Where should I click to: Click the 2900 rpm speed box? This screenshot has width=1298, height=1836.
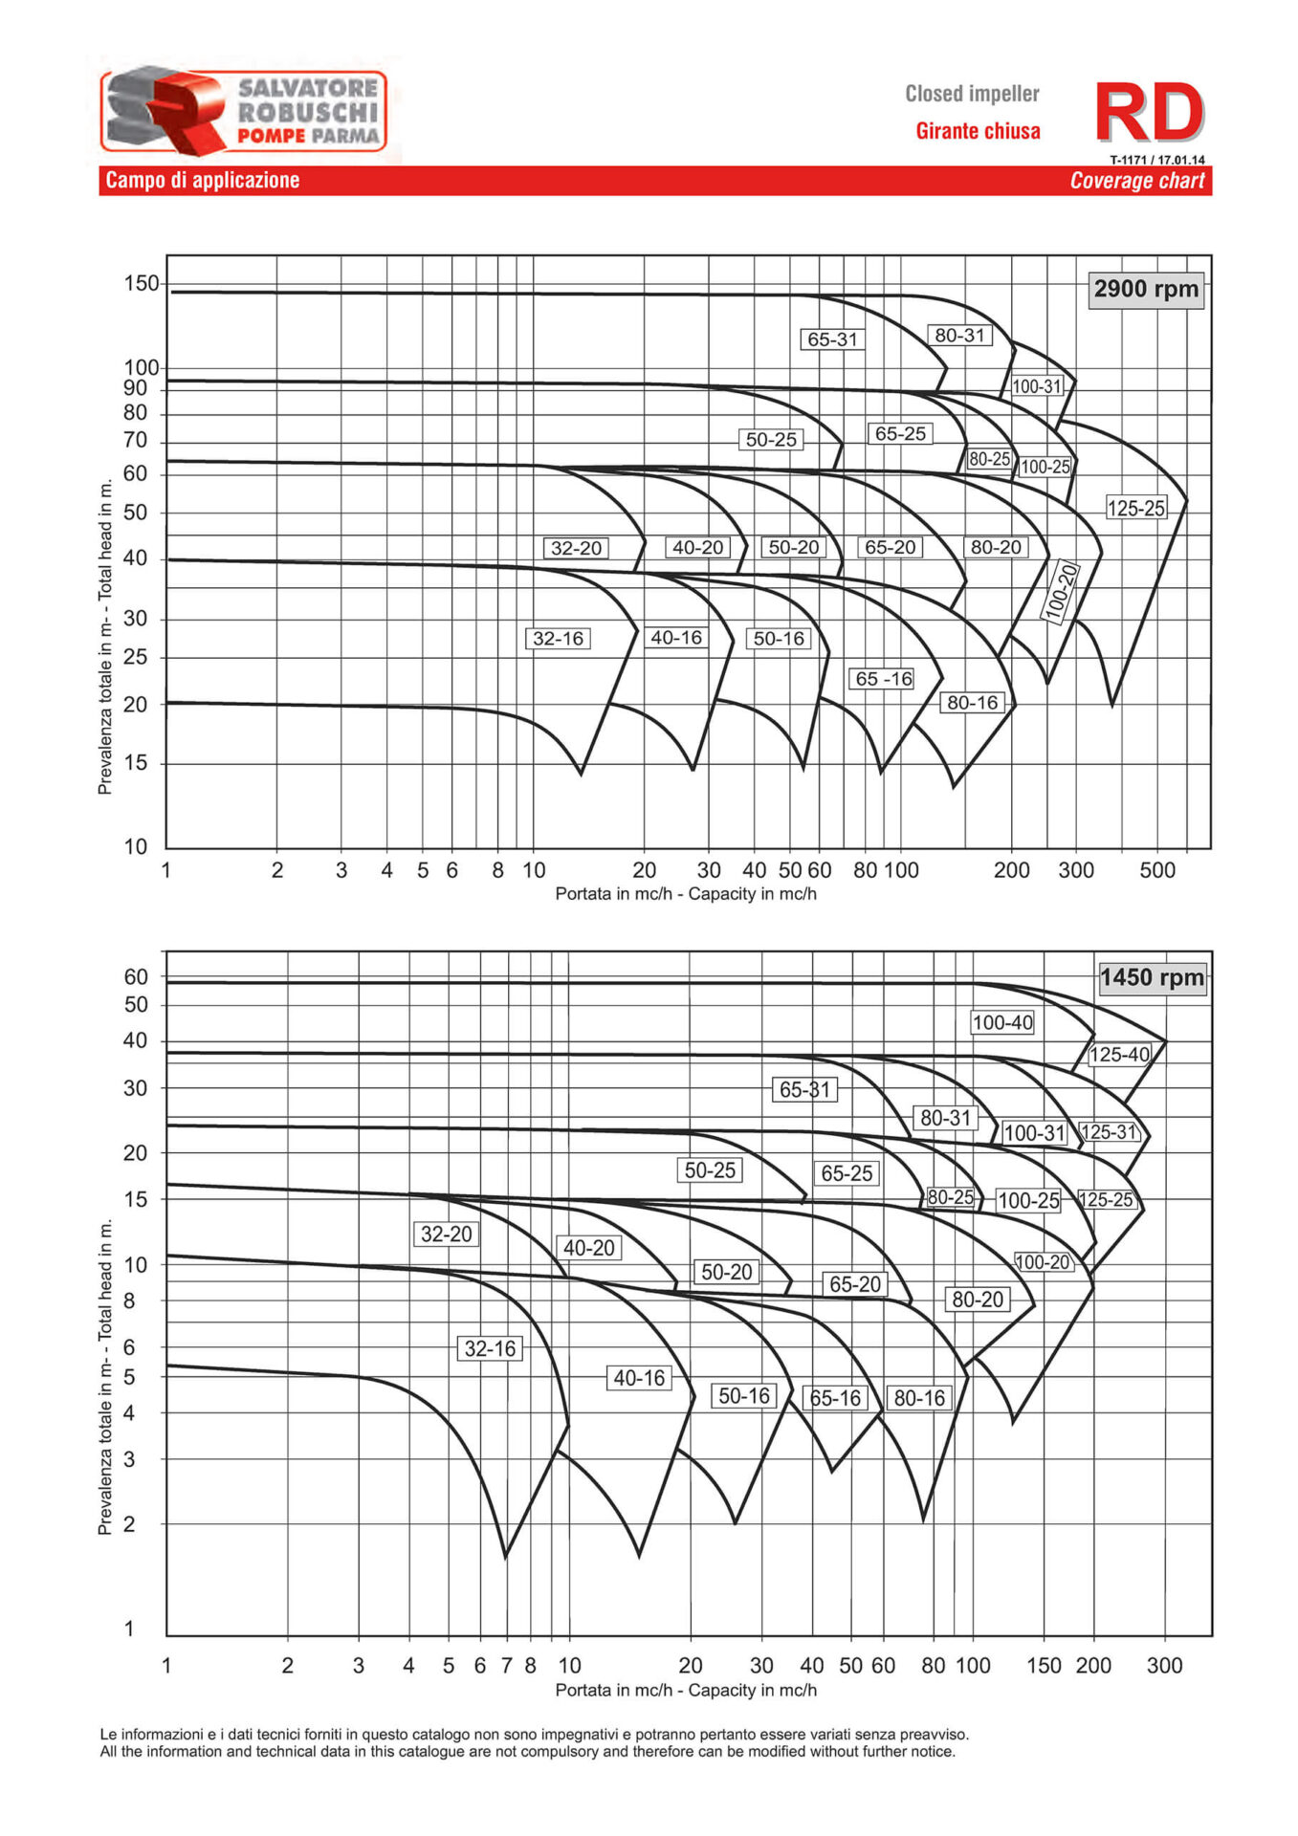coord(1145,289)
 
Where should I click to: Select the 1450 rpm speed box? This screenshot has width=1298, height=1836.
coord(1152,977)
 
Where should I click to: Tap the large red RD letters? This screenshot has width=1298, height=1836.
coord(1148,113)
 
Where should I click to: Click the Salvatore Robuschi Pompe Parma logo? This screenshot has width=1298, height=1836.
coord(244,110)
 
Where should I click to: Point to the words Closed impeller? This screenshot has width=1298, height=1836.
coord(972,94)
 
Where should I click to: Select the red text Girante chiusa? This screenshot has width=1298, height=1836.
coord(978,131)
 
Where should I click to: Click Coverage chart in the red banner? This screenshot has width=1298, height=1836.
coord(1136,181)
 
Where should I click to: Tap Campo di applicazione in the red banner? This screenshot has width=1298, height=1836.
coord(203,181)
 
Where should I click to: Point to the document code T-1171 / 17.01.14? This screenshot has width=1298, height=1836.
coord(1156,160)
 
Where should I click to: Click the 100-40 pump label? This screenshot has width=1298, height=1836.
coord(1002,1022)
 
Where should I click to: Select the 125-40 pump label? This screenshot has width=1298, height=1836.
coord(1119,1055)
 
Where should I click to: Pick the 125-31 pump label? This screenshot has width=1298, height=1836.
coord(1110,1132)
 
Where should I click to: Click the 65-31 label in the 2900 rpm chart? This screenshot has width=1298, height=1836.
coord(832,339)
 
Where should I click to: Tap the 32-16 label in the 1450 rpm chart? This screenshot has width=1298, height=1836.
coord(490,1348)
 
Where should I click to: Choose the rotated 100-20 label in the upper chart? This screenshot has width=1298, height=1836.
coord(1060,593)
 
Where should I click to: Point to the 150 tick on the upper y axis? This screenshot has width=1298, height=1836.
coord(141,284)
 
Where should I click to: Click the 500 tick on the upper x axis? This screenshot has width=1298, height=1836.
coord(1156,870)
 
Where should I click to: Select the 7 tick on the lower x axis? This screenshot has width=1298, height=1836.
coord(506,1665)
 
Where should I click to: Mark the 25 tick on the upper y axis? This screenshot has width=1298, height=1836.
coord(136,657)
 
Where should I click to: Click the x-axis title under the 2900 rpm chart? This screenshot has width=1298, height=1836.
coord(686,894)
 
